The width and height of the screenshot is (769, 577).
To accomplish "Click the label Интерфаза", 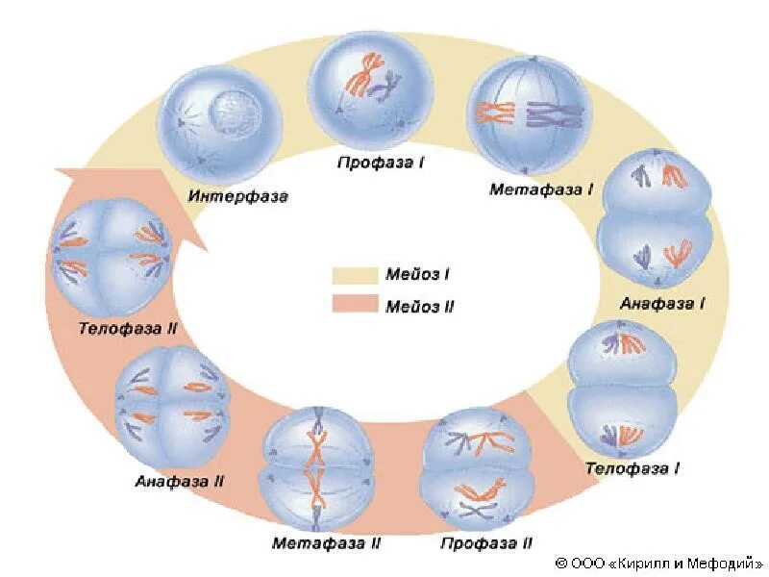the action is pos(238,196).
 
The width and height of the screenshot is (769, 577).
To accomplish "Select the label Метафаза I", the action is pos(541,188).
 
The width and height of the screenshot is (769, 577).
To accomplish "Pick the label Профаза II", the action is pos(486,543).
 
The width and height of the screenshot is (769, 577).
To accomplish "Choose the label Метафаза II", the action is pos(327,543).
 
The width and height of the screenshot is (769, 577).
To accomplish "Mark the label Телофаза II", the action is pos(129,327).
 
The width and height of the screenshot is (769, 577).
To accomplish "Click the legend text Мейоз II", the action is pos(418,307).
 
